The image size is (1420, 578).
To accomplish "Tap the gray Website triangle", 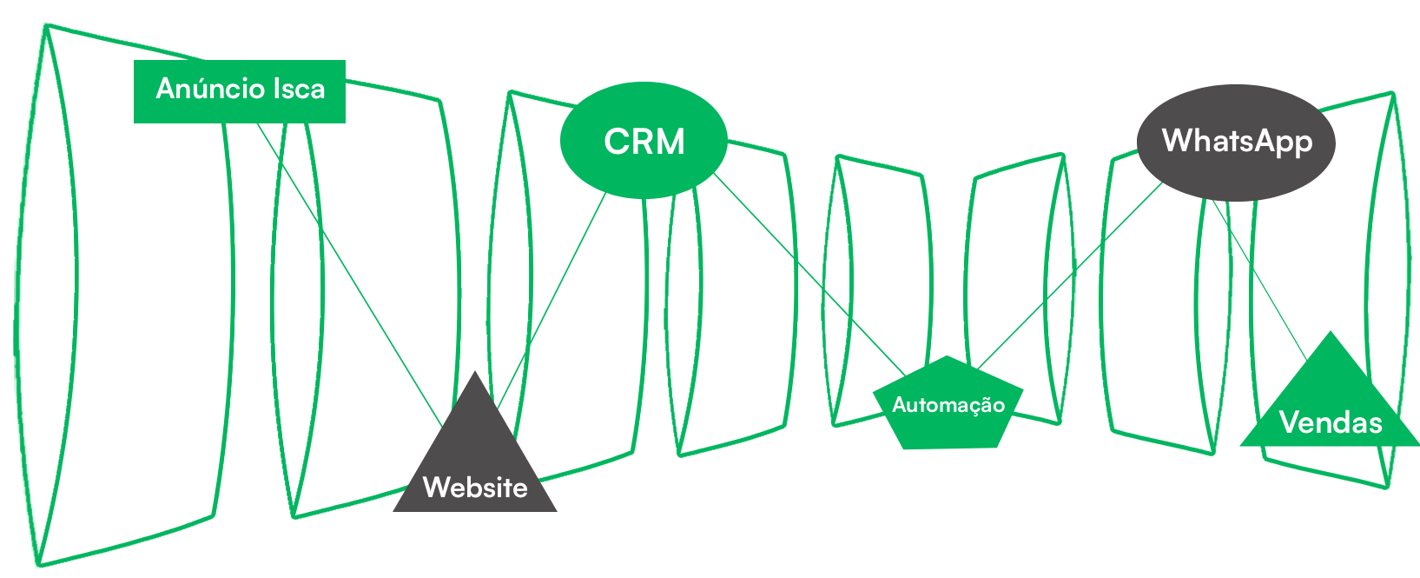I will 475,452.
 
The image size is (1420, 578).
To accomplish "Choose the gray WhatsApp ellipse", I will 1236,174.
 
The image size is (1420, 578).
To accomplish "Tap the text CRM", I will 644,142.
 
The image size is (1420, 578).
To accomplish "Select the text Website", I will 475,488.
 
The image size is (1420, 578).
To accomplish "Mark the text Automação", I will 948,405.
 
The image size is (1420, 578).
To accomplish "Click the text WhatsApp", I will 1237,141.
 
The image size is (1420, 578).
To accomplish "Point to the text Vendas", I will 1331,423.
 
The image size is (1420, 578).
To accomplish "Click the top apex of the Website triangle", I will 475,373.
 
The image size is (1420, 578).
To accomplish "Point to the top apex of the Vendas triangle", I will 1330,332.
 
